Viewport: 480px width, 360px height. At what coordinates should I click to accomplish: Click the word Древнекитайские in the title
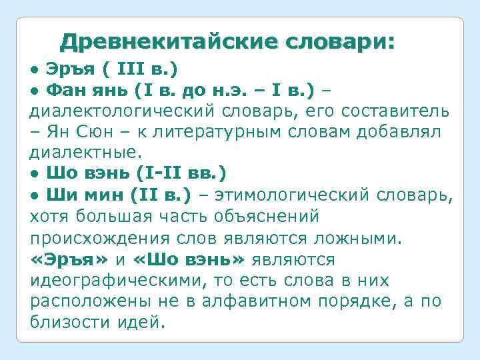[x=169, y=42]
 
